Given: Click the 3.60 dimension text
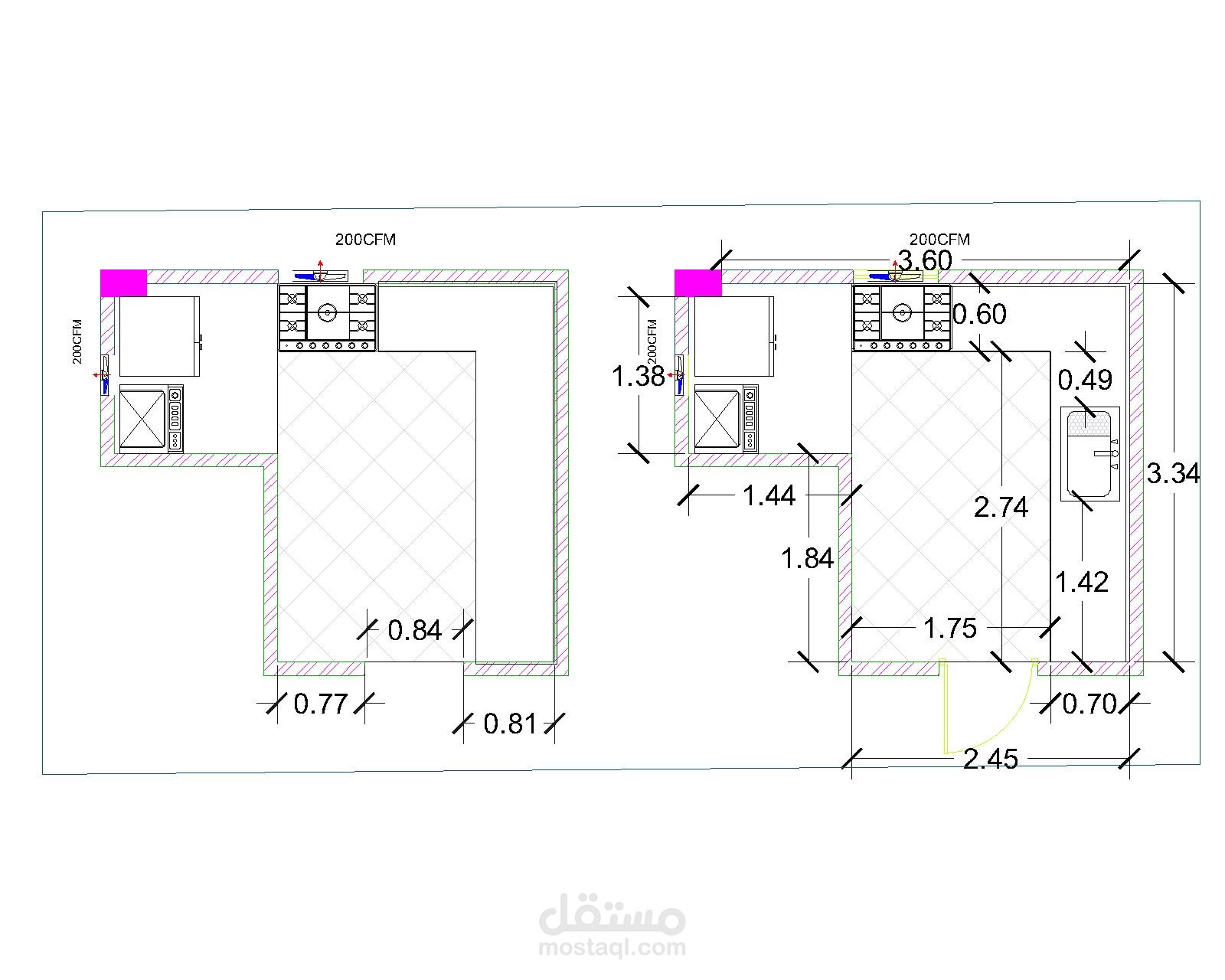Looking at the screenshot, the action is pos(924,261).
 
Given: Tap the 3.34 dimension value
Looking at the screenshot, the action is pos(1173,474).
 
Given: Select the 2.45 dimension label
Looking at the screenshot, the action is pos(991,759).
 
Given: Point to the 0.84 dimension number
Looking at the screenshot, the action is pos(415,631).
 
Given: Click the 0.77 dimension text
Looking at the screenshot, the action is pos(321,704).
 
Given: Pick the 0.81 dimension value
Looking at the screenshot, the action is pos(510,725).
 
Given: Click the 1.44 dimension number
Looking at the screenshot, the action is pos(769,497).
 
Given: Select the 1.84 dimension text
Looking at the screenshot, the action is pos(807,559).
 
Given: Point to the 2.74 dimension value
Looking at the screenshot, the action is pos(1001,508).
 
